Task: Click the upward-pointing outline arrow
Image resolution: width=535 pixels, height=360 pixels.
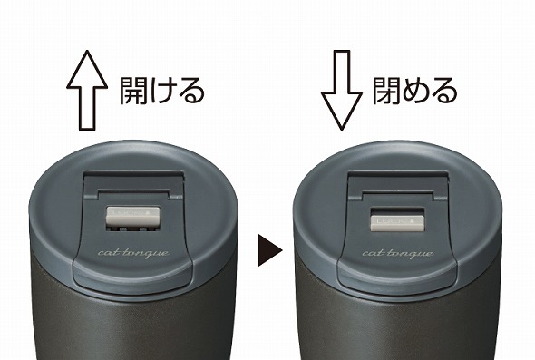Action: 87,91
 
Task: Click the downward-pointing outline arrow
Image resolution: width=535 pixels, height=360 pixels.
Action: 342,91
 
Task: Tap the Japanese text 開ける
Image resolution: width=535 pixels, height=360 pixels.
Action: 162,91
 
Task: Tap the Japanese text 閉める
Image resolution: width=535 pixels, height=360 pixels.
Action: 415,91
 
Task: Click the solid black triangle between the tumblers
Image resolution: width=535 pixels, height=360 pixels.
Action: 269,250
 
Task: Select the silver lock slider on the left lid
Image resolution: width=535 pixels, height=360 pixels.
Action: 132,216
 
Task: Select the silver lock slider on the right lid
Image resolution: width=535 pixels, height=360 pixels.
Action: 397,223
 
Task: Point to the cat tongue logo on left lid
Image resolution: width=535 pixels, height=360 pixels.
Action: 133,253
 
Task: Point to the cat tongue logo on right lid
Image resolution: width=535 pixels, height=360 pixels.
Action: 398,254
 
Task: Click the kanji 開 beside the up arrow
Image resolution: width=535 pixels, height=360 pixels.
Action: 133,91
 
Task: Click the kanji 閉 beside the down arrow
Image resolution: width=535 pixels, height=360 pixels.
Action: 386,91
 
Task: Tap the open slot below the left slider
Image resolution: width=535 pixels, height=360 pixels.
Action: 132,229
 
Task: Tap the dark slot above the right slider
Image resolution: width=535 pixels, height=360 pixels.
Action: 397,211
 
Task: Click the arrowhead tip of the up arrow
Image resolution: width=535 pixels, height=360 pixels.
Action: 87,51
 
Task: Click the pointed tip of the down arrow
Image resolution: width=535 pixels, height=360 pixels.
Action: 342,131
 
